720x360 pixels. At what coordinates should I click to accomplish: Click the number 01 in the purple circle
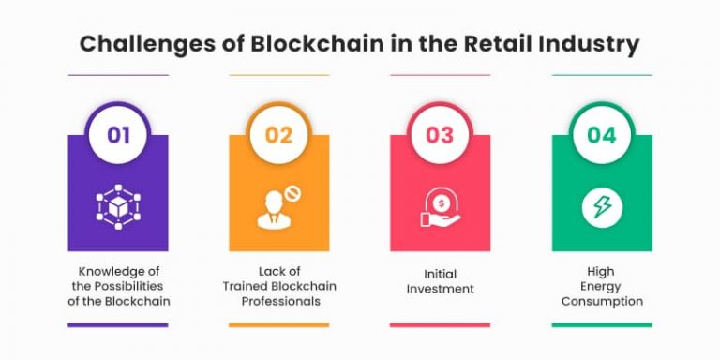tap(118, 135)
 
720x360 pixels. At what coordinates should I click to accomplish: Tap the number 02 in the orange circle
tap(279, 135)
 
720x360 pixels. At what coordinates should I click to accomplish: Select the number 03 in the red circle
tap(440, 135)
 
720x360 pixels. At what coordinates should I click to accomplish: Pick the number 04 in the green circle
tap(601, 135)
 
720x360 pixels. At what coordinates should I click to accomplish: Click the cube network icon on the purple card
tap(118, 206)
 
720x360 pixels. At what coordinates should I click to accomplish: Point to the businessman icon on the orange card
tap(277, 207)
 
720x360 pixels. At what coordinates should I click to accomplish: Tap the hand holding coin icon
tap(440, 207)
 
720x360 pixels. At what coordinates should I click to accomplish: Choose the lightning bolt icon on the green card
tap(601, 206)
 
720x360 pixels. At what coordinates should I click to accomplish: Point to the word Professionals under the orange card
tap(279, 301)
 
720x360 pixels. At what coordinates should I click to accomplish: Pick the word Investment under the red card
tap(440, 288)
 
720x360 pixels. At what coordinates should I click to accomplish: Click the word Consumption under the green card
tap(602, 301)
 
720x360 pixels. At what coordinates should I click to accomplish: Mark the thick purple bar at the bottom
tap(118, 325)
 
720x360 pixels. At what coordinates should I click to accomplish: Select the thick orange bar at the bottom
tap(279, 325)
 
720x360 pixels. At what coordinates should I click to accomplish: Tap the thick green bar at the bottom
tap(601, 325)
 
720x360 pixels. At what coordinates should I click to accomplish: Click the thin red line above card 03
tap(440, 75)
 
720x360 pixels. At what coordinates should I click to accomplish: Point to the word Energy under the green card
tap(602, 287)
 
